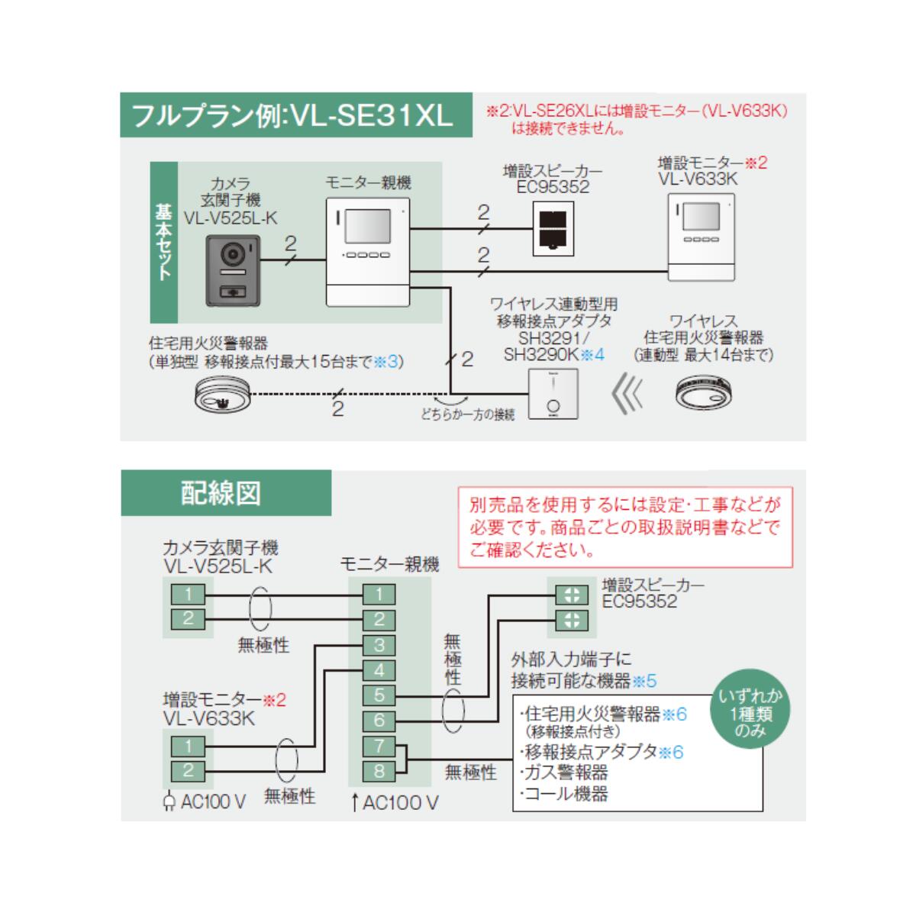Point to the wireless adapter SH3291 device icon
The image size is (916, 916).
pyautogui.click(x=553, y=394)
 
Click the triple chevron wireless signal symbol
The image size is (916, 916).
pyautogui.click(x=628, y=394)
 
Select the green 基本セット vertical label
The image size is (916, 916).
pyautogui.click(x=164, y=242)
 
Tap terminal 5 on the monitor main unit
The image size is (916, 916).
pyautogui.click(x=379, y=695)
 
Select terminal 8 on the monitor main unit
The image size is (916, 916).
pyautogui.click(x=379, y=771)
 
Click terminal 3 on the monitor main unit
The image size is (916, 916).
pyautogui.click(x=379, y=645)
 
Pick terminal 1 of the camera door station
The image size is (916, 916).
pyautogui.click(x=188, y=594)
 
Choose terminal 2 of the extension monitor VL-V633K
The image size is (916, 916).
pyautogui.click(x=188, y=770)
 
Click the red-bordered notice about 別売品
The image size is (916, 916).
pyautogui.click(x=624, y=527)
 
